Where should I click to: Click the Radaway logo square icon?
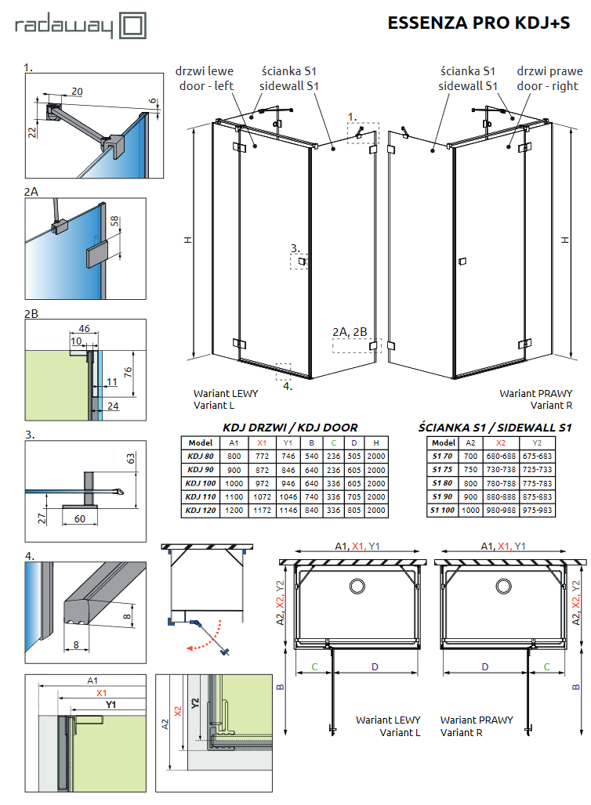pyautogui.click(x=131, y=25)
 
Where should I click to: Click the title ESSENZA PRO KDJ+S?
pyautogui.click(x=479, y=23)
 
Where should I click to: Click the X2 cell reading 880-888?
pyautogui.click(x=498, y=496)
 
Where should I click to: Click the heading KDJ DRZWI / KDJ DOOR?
pyautogui.click(x=290, y=428)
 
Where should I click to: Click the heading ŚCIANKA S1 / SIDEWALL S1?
pyautogui.click(x=495, y=428)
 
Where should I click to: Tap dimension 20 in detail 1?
pyautogui.click(x=77, y=92)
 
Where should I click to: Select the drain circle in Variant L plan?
pyautogui.click(x=357, y=587)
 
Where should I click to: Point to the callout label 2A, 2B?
pyautogui.click(x=349, y=332)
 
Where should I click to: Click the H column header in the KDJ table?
pyautogui.click(x=376, y=442)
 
